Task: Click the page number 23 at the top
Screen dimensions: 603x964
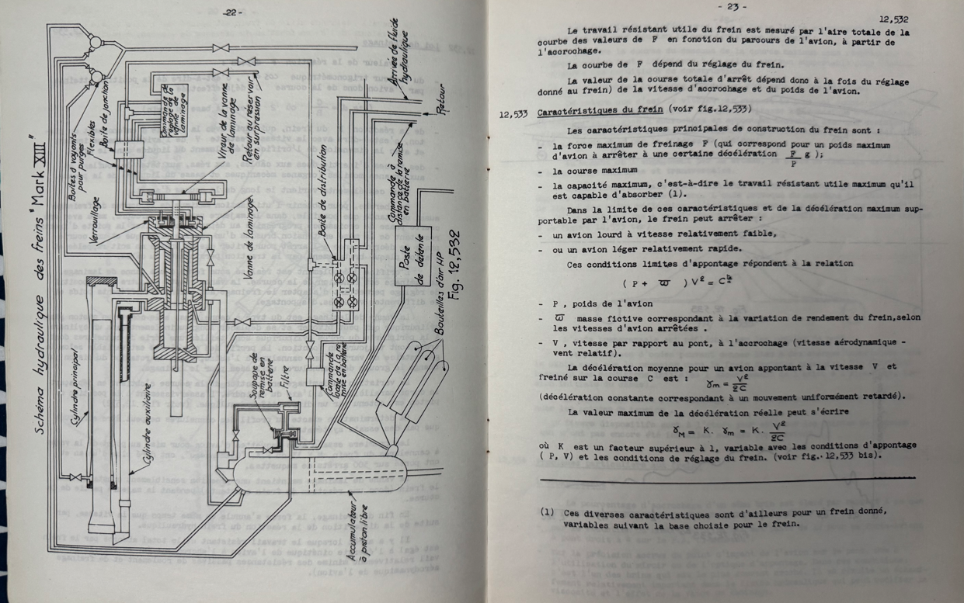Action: pyautogui.click(x=731, y=6)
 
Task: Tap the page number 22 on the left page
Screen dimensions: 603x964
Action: pyautogui.click(x=232, y=12)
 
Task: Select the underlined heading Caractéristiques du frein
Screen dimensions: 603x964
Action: pyautogui.click(x=612, y=112)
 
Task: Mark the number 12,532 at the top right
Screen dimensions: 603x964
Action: pyautogui.click(x=893, y=19)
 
